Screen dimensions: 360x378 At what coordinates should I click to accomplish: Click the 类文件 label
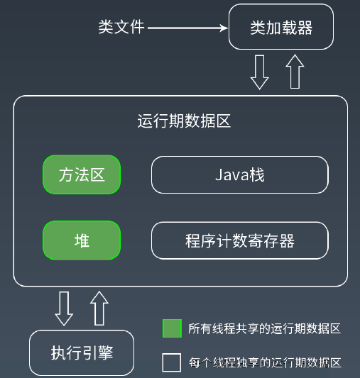click(121, 27)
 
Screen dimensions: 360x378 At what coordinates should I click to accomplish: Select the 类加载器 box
click(281, 27)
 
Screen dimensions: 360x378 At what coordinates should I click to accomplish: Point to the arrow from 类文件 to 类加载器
click(187, 28)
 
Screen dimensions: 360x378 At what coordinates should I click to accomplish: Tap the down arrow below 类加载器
click(260, 72)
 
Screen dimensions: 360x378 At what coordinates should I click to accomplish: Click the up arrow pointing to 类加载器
click(295, 72)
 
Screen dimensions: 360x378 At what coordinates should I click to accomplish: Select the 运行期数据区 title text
click(184, 121)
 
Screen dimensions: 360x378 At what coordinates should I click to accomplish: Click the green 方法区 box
click(82, 174)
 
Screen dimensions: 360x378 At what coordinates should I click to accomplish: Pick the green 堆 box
click(82, 240)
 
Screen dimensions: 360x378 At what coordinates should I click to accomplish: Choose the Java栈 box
click(240, 174)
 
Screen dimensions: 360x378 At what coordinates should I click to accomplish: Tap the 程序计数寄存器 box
click(240, 240)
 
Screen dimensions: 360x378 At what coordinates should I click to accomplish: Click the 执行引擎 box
click(82, 352)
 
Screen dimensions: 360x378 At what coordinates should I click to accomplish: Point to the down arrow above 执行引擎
click(64, 308)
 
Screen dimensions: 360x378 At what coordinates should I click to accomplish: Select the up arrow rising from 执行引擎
click(99, 308)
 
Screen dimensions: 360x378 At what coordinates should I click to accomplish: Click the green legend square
click(172, 328)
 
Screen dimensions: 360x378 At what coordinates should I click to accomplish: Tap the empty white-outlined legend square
click(172, 362)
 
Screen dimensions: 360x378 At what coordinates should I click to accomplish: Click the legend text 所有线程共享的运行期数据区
click(264, 328)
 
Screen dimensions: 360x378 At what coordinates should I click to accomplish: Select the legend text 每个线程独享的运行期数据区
click(265, 362)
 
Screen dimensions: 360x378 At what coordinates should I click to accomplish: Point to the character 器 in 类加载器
click(305, 28)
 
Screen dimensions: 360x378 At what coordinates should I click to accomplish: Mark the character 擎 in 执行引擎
click(106, 353)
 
